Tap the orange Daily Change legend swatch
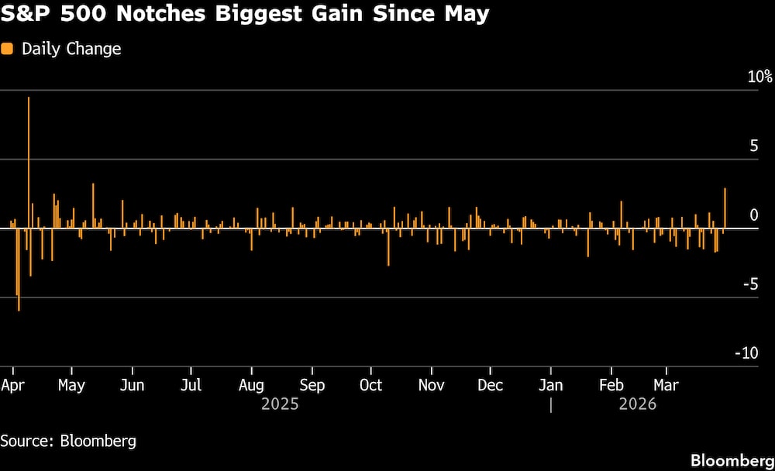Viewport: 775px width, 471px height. [7, 49]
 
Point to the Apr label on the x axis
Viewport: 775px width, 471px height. [12, 385]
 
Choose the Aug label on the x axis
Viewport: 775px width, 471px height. [251, 385]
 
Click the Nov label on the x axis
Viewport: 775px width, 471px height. [431, 385]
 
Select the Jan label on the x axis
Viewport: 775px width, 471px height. [551, 385]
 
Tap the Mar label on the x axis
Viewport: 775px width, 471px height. [666, 385]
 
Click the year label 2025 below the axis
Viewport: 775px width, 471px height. [281, 404]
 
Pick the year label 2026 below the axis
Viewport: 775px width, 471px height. [638, 404]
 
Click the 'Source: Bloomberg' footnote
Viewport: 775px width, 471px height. [68, 442]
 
